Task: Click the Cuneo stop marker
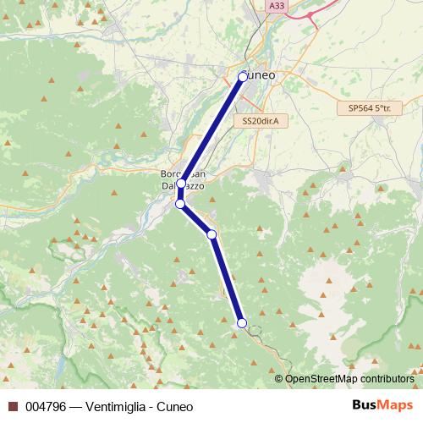coord(243,76)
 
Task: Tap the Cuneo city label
coord(261,76)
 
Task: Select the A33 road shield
coord(276,5)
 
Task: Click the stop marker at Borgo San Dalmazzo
coord(181,183)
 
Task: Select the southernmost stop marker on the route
coord(242,323)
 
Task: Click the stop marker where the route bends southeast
coord(179,204)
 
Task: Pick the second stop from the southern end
coord(211,234)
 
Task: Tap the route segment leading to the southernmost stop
coord(227,279)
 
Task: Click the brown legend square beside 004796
coord(13,406)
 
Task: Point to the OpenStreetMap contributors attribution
coord(349,379)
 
